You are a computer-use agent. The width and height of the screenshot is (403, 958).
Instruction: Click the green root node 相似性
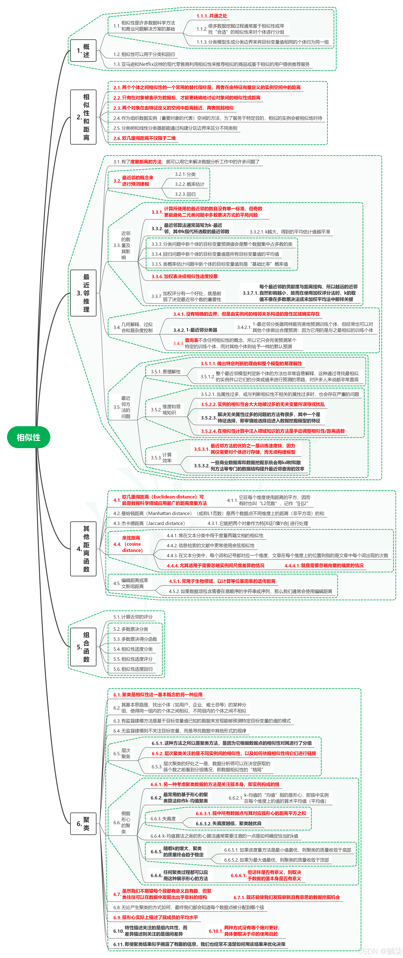coord(29,437)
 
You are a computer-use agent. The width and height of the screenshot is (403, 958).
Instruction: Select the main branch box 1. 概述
coord(83,51)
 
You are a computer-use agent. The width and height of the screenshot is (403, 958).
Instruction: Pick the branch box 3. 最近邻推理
coord(83,293)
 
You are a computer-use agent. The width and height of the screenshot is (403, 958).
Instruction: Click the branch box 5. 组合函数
coord(83,647)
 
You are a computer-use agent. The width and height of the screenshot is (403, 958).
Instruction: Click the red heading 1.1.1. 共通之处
coord(212,16)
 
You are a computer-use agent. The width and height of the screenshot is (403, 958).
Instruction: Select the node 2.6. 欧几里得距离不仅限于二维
coord(145,138)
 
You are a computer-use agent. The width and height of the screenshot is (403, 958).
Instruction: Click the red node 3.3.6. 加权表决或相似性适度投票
coord(184,276)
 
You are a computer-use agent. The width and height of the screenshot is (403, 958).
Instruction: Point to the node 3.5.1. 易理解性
coord(165,371)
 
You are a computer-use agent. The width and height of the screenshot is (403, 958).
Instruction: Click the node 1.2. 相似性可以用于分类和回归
coord(144,54)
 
